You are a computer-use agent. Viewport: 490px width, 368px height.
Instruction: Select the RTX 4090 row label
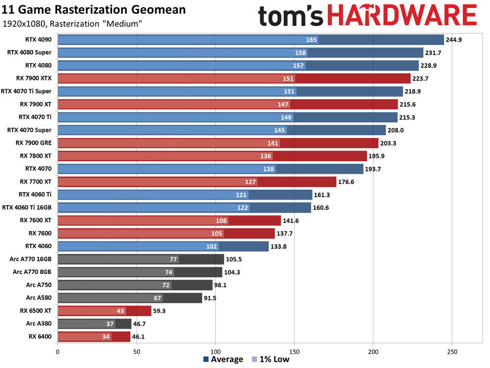[38, 39]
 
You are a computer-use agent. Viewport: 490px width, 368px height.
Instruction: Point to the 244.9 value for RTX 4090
[454, 39]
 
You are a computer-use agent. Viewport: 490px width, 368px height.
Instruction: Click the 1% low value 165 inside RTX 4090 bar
[312, 39]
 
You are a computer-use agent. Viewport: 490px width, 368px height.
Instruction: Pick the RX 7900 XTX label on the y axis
[33, 78]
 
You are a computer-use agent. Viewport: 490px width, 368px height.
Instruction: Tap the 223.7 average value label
[420, 78]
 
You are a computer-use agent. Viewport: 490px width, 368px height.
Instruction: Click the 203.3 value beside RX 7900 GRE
[388, 143]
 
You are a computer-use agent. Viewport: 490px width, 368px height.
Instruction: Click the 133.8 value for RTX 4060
[278, 246]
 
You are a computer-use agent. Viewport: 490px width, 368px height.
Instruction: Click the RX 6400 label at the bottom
[40, 337]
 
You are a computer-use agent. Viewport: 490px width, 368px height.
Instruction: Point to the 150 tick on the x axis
[295, 352]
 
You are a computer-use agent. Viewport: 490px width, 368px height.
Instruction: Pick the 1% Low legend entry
[271, 360]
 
